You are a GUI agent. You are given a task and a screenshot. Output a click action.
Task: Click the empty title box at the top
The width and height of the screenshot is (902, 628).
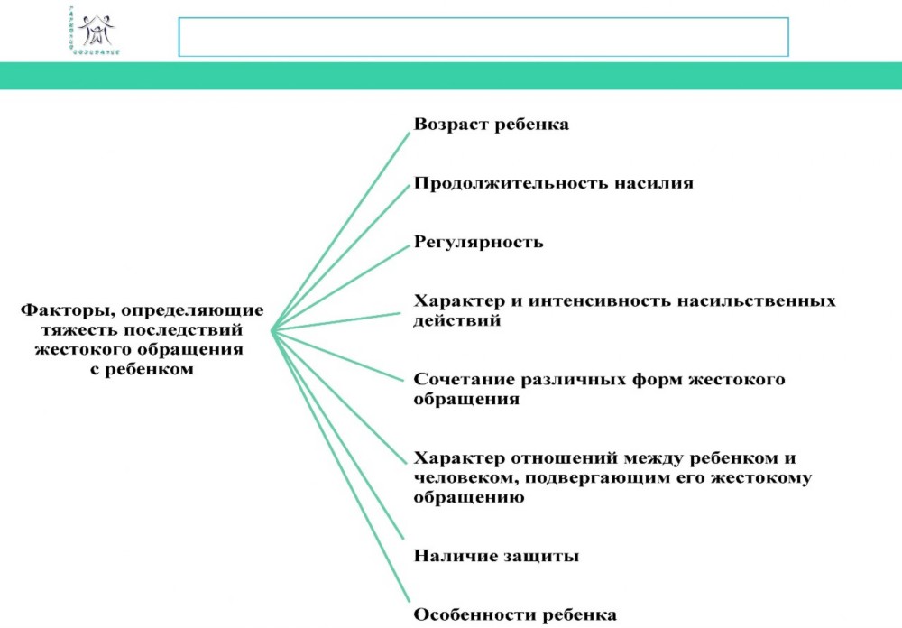coord(483,37)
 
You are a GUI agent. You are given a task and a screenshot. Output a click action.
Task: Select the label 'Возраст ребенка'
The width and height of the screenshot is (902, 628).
coord(492,125)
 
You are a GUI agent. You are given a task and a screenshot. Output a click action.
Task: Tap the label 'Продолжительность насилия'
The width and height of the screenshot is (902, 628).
coord(553,183)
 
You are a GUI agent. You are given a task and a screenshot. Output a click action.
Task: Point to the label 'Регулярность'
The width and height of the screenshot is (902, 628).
coord(478,242)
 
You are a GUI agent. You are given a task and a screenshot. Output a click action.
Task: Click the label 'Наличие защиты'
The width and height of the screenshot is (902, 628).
coord(496,556)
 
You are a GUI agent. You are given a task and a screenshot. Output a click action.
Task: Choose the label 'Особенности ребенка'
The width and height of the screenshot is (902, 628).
coord(515,614)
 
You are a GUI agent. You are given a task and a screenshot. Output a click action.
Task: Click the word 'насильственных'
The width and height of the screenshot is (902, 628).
coord(769,300)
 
